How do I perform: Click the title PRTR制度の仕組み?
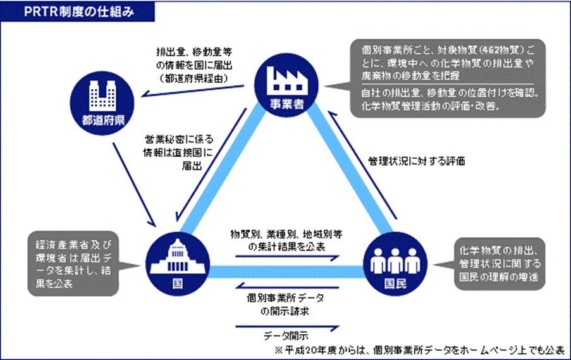(79, 11)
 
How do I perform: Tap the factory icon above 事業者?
(286, 80)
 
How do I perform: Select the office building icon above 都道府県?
(102, 96)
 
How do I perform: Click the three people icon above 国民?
(395, 260)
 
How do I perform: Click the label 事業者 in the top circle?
(286, 104)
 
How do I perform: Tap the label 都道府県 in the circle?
(103, 120)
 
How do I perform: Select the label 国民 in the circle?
(395, 283)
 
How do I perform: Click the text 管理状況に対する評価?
(417, 161)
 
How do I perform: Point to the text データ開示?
(286, 335)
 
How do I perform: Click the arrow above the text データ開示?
(287, 328)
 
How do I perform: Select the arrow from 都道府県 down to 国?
(134, 184)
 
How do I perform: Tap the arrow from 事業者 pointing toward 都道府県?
(193, 90)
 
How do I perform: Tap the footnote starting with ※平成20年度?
(419, 350)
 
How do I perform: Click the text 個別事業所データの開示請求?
(285, 304)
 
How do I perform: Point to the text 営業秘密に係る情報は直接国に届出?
(179, 152)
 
